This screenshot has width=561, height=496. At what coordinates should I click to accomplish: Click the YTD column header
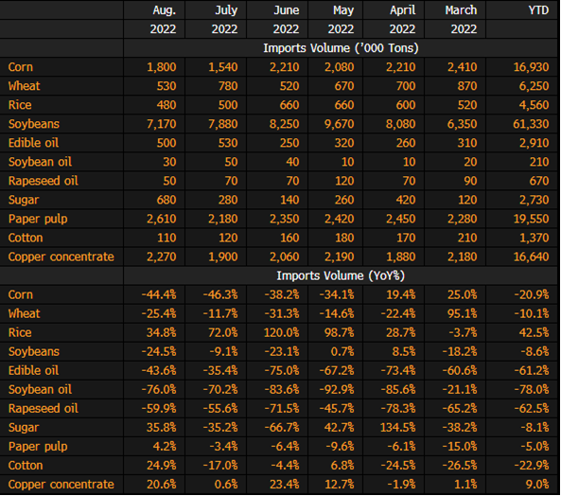tap(538, 10)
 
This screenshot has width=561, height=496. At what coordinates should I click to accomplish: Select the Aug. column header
tap(165, 10)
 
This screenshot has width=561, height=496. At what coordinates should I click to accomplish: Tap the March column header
tap(461, 10)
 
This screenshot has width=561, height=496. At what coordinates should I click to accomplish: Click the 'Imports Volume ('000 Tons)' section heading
tap(341, 48)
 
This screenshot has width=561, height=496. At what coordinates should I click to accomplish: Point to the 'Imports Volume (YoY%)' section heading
tap(341, 275)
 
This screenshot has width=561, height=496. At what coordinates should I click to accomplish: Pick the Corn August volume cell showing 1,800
tap(162, 67)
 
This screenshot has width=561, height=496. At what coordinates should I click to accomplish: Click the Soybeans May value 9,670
tap(340, 124)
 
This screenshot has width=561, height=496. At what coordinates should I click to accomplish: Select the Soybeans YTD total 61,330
tap(531, 124)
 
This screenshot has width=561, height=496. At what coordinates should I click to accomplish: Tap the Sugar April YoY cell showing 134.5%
tap(398, 427)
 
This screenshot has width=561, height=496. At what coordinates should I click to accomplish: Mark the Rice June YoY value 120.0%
tap(281, 332)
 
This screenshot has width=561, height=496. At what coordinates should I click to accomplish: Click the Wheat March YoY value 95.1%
tap(463, 313)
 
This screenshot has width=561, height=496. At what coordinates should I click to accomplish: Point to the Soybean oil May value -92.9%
tap(337, 389)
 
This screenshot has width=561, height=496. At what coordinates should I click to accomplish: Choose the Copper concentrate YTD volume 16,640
tap(531, 257)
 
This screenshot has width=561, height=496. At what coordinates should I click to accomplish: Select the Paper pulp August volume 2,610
tap(162, 219)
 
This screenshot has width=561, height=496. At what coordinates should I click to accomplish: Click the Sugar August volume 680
tap(167, 200)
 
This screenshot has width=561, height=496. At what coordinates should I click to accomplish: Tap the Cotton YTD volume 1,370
tap(534, 238)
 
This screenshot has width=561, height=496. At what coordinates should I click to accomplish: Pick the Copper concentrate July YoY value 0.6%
tap(226, 485)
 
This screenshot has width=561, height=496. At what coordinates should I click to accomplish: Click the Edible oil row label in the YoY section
tap(33, 370)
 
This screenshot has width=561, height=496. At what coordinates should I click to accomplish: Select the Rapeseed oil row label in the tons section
tap(43, 181)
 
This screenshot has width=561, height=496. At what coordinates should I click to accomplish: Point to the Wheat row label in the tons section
tap(24, 86)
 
